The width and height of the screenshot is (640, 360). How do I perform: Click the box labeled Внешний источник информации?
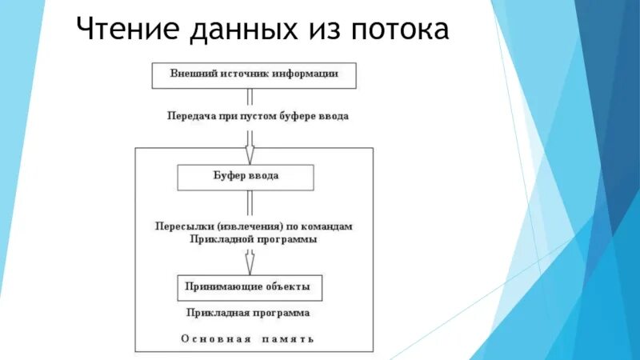click(254, 74)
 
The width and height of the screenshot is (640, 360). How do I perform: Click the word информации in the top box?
click(307, 74)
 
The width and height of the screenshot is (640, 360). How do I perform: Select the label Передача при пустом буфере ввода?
click(258, 116)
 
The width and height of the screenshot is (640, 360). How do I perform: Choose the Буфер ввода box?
click(245, 177)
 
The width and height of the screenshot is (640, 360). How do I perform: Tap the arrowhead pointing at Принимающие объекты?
click(250, 266)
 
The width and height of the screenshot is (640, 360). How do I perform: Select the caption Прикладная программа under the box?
click(247, 313)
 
